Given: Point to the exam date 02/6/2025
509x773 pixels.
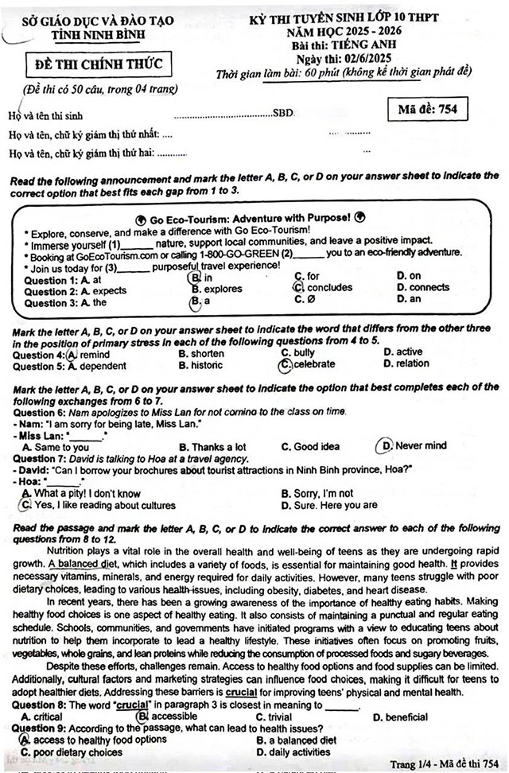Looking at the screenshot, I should pyautogui.click(x=365, y=60).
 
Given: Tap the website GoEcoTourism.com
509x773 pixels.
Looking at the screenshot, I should pyautogui.click(x=117, y=254).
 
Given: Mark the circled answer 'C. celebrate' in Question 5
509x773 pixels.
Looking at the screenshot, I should pyautogui.click(x=309, y=365).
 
